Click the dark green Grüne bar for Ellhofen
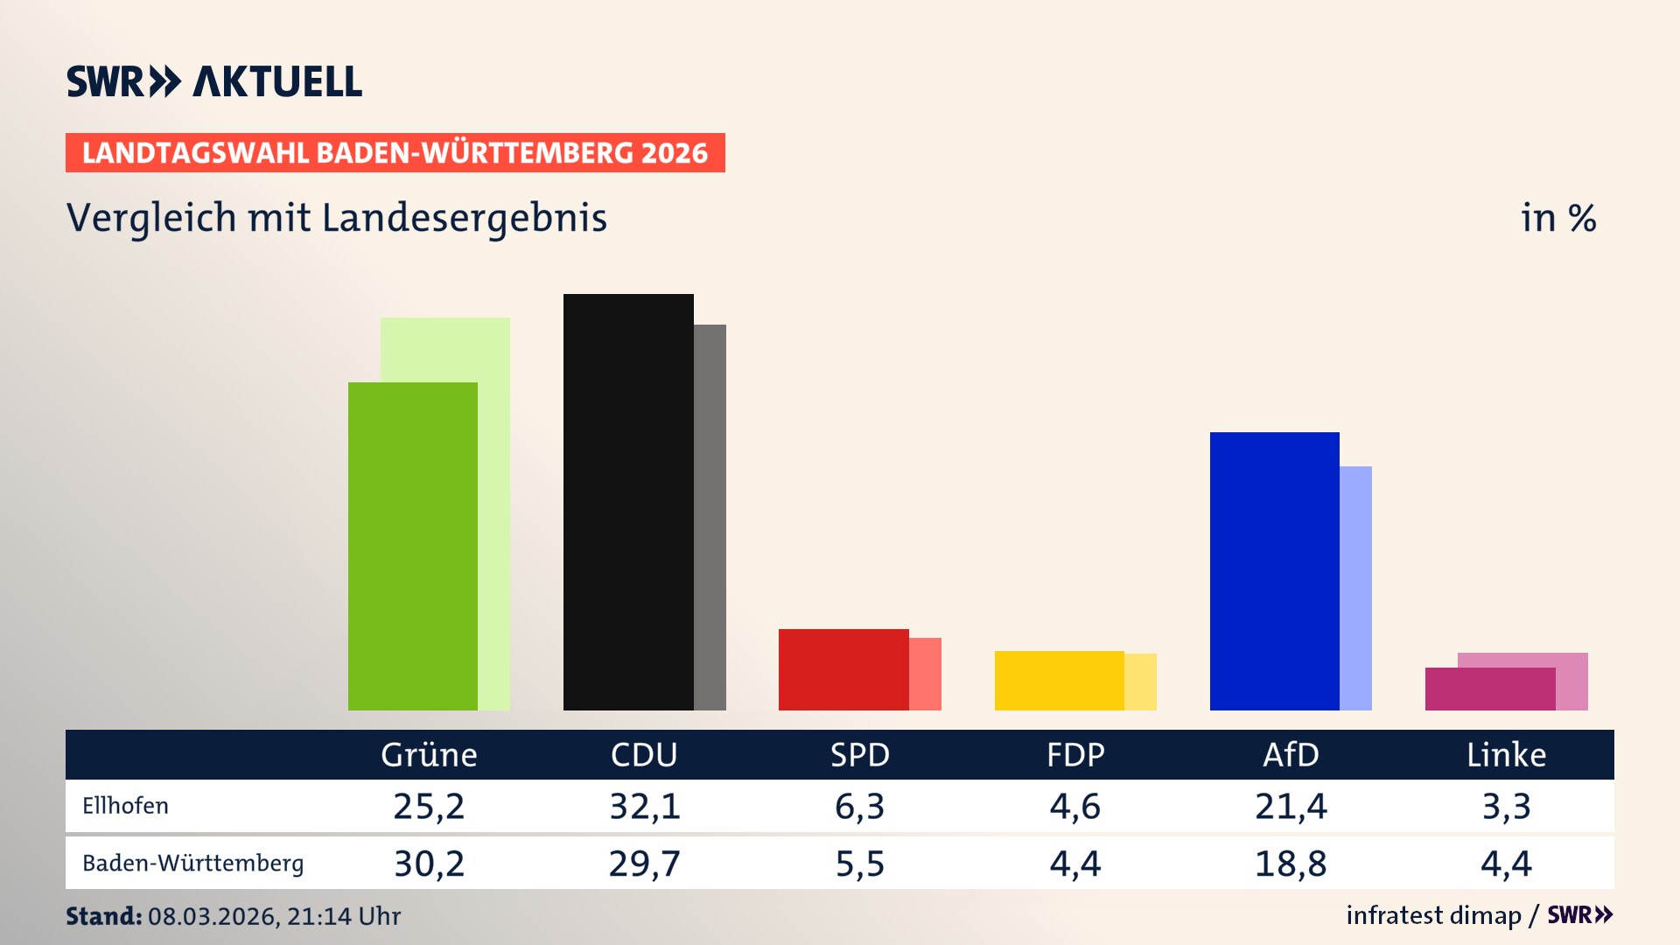pos(413,546)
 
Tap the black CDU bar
pos(628,502)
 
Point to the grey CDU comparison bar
pos(710,516)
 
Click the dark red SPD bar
pos(843,669)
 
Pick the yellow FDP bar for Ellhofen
pos(1059,681)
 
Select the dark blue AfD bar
pos(1274,570)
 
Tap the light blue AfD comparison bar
pos(1356,588)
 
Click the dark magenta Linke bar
pos(1489,689)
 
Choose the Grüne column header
pos(429,754)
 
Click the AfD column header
pos(1291,754)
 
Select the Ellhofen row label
pos(125,806)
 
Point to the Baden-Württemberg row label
pos(192,864)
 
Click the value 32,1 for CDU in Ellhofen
pos(645,806)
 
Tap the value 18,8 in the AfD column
pos(1291,864)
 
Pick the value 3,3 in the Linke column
pos(1506,806)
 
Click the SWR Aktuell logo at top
pos(214,81)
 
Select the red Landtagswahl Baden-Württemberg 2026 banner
pos(395,152)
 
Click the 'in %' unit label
pos(1558,218)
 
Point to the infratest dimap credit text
pos(1433,915)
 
